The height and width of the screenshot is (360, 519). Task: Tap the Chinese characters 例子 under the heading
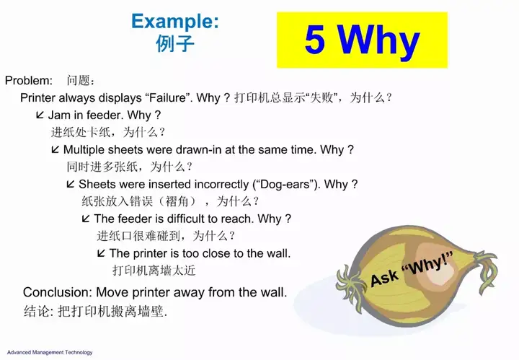point(175,43)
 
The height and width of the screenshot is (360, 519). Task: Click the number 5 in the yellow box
point(314,39)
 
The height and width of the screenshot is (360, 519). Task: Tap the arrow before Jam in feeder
point(40,115)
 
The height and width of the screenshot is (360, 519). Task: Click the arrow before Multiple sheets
point(56,149)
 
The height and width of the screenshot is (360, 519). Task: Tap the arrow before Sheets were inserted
point(71,184)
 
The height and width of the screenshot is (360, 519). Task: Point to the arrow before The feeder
point(86,219)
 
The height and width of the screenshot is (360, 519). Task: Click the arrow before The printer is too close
point(102,253)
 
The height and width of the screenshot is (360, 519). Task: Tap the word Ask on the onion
point(384,278)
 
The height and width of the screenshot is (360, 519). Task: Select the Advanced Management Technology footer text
point(50,352)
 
